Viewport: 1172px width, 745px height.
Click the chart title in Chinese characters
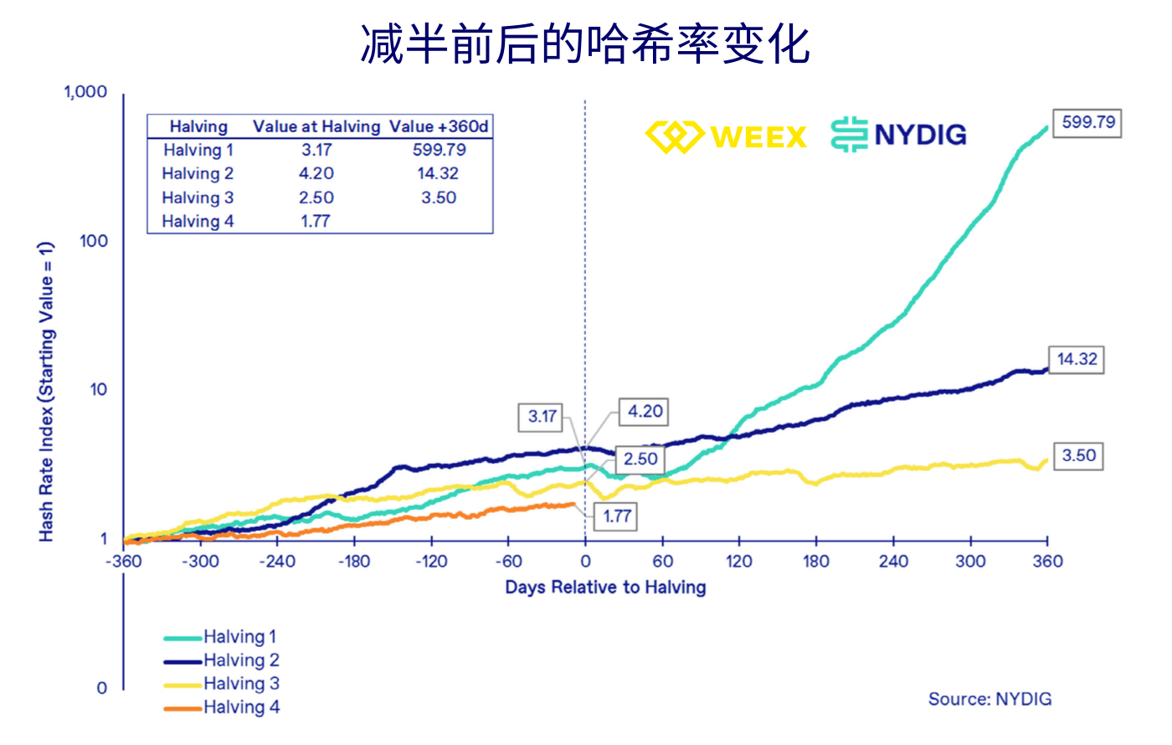[585, 44]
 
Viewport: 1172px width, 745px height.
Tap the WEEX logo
[726, 136]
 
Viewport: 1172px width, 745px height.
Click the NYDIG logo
[899, 135]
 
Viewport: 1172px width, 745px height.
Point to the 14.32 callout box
[1076, 359]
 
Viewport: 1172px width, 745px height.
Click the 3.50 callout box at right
[1078, 456]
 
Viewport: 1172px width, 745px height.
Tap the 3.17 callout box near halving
[542, 416]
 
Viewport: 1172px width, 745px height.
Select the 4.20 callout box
[645, 412]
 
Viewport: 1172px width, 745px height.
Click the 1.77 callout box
[616, 516]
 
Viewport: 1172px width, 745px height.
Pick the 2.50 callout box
[640, 459]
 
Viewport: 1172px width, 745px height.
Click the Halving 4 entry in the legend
[223, 707]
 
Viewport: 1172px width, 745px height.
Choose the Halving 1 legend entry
[221, 637]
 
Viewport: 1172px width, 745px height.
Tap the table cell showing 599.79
[439, 150]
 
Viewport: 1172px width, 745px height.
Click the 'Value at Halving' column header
[316, 126]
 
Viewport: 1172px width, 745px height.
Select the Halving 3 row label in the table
[198, 198]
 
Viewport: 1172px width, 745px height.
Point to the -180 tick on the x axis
[354, 561]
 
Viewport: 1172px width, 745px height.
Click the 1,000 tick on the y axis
[86, 91]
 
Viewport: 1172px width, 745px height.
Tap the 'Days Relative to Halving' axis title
[605, 588]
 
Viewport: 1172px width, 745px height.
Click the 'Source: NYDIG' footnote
[990, 699]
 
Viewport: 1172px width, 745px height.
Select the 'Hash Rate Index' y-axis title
[46, 392]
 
